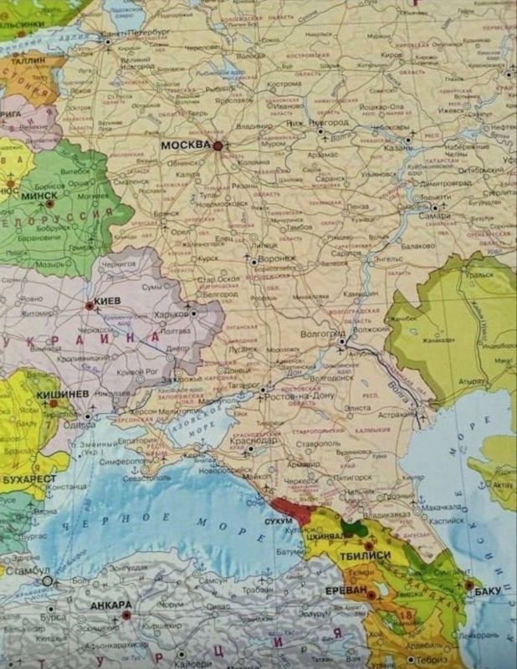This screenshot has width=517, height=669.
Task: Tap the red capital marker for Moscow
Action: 218,146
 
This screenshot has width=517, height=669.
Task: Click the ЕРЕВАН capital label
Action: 346,590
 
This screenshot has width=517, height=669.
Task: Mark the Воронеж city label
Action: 278,259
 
